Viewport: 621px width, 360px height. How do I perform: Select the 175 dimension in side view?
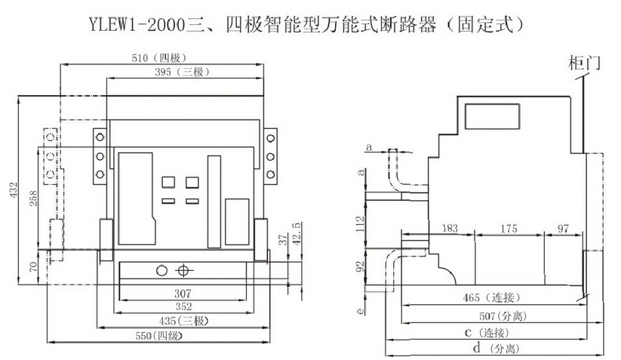(x=511, y=227)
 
